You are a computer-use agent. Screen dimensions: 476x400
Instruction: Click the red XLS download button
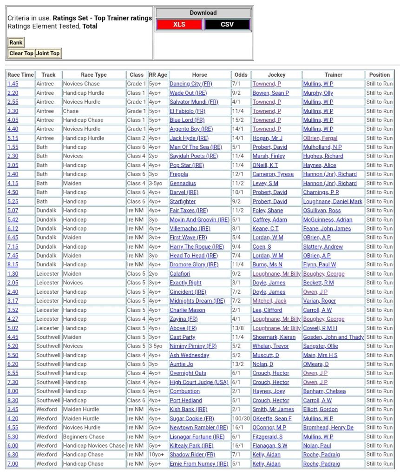coord(179,25)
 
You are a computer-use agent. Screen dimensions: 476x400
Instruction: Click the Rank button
coord(16,43)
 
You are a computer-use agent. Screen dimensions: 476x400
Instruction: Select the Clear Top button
coord(21,53)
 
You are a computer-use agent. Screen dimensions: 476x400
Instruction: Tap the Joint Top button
coord(48,53)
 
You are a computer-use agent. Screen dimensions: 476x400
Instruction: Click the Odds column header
coord(241,75)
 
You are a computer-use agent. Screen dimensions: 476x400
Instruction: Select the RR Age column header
coord(158,75)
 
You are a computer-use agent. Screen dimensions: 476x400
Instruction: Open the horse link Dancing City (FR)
coord(190,84)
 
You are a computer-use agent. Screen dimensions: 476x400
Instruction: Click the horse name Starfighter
coord(183,202)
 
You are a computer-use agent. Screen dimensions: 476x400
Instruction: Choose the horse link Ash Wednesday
coord(189,355)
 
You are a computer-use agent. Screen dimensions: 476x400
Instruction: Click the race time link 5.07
coord(13,211)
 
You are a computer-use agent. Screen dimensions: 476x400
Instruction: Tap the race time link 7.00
coord(13,464)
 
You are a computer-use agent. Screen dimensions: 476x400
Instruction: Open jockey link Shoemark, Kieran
coord(274,337)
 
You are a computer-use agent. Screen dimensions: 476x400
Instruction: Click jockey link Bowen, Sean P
coord(270,93)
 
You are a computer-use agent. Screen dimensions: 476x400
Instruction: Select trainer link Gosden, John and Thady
coord(333,337)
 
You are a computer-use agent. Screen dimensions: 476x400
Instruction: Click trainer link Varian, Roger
coord(319,301)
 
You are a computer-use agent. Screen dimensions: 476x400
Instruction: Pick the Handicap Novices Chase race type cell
coord(93,446)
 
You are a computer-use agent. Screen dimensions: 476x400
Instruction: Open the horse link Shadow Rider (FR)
coord(192,455)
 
